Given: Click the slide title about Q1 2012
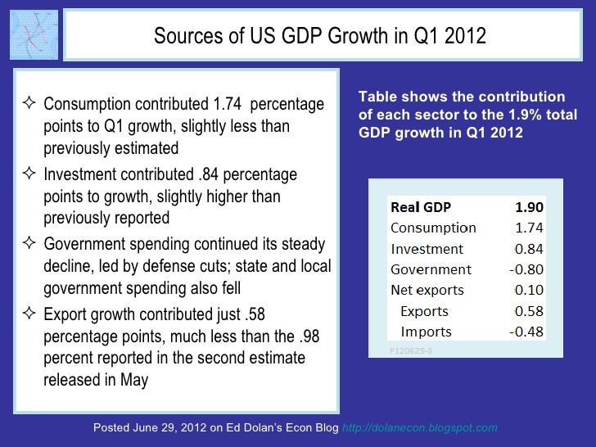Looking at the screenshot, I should tap(320, 37).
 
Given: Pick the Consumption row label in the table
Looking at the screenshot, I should tap(433, 228).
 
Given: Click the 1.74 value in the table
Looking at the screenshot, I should tap(529, 228).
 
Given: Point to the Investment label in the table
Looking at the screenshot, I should tap(427, 249).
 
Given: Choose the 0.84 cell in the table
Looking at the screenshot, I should tap(529, 249).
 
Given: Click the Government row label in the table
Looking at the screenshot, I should tap(431, 269).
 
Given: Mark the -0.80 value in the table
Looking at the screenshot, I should tap(526, 269).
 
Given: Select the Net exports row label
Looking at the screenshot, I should tap(427, 291).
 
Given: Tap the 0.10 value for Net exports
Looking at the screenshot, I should tap(529, 291).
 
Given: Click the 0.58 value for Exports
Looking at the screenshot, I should tap(529, 311).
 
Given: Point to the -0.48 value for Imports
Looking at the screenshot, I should tap(526, 332).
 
